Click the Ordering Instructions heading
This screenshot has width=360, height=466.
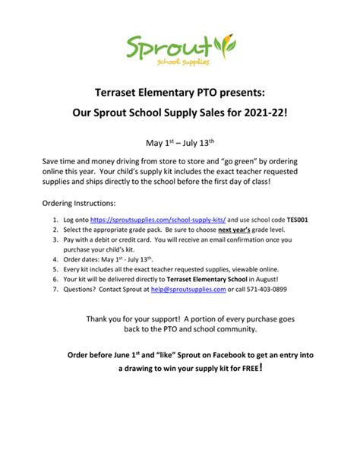pos(78,204)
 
